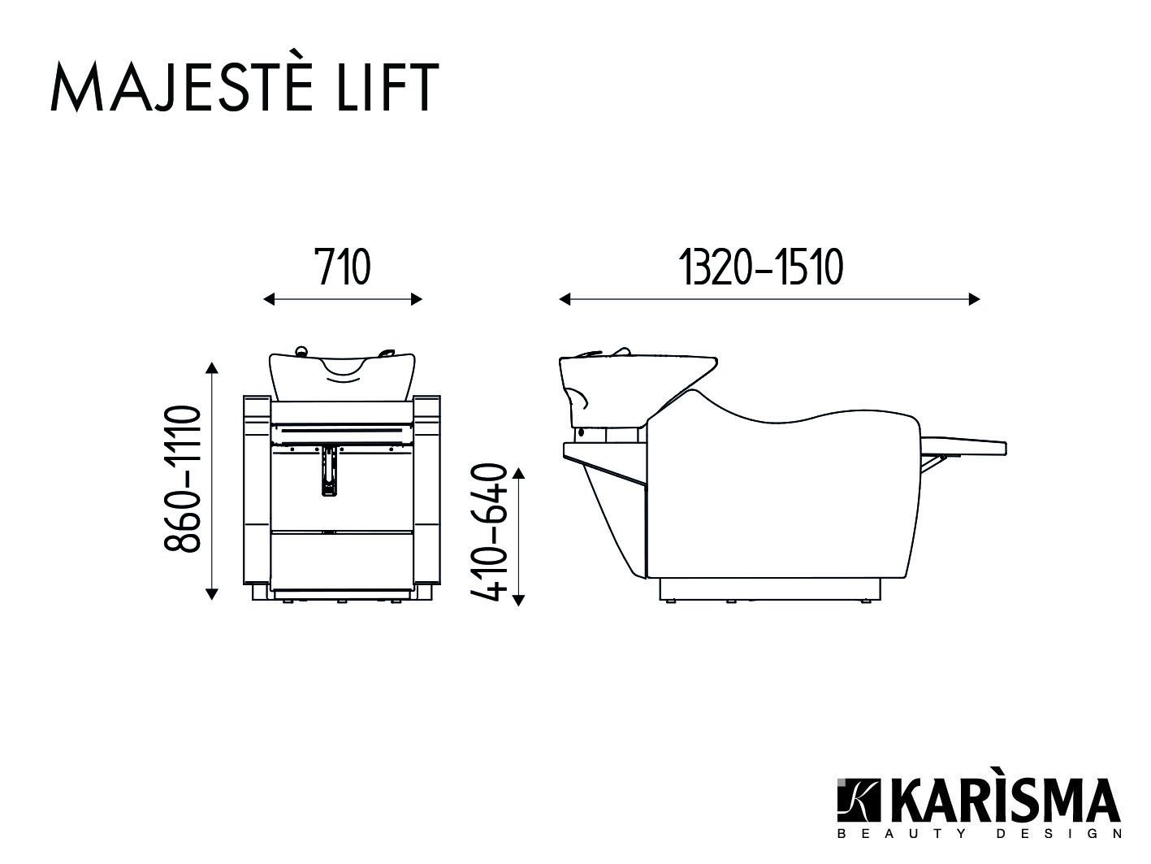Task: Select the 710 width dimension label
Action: (343, 267)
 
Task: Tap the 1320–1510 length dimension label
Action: (761, 267)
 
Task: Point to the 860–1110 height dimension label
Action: (182, 478)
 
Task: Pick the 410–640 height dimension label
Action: (489, 532)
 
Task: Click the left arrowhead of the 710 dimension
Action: (269, 299)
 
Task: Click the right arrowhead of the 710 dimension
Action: (417, 299)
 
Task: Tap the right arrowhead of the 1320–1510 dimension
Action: (974, 299)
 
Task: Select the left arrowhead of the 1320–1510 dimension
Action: (565, 299)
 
